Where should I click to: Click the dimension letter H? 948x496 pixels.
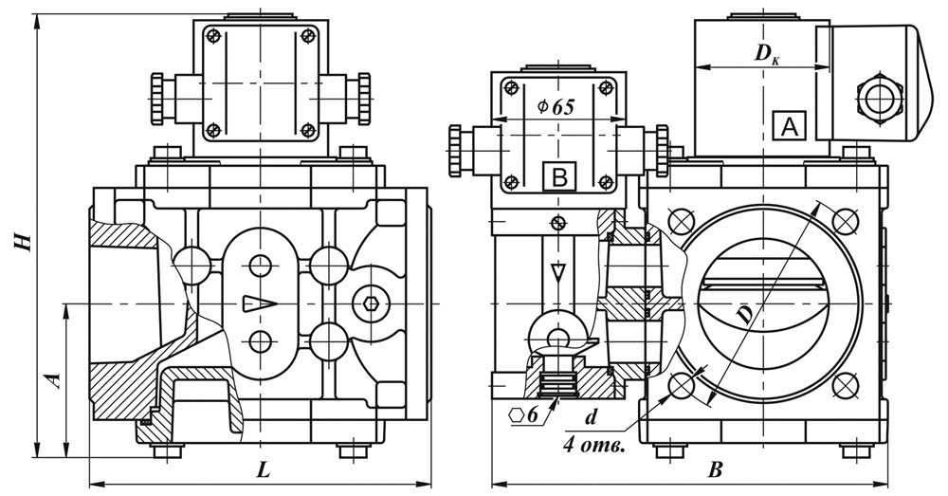(20, 241)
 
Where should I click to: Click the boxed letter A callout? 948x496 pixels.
(790, 125)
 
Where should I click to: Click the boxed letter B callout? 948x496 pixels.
(559, 176)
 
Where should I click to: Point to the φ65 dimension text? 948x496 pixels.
(556, 107)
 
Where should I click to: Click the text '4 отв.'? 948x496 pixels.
(593, 443)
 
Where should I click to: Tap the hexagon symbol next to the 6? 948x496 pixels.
(517, 415)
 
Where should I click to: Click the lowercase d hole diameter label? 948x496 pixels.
(592, 416)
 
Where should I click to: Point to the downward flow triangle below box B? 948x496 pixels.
(557, 273)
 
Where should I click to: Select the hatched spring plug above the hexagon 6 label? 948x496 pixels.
(557, 385)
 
